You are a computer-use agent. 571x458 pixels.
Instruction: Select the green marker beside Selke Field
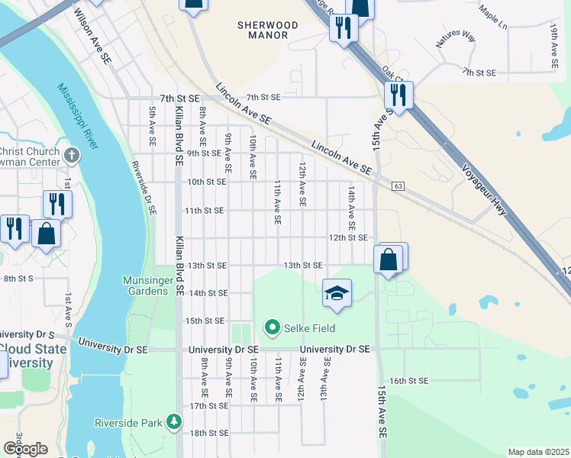(272, 328)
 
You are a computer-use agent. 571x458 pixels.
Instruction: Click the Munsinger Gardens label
(150, 286)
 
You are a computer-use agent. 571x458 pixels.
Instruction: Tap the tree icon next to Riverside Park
(175, 422)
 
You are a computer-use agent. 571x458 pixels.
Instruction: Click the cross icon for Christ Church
(72, 156)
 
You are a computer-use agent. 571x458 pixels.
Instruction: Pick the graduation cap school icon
(336, 293)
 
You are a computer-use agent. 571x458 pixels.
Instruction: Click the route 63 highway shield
(398, 186)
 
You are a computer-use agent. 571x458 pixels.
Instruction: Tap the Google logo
(25, 449)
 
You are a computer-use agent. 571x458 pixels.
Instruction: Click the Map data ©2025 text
(538, 452)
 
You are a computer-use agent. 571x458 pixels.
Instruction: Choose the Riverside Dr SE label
(143, 187)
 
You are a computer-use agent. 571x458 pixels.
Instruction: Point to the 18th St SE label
(208, 433)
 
